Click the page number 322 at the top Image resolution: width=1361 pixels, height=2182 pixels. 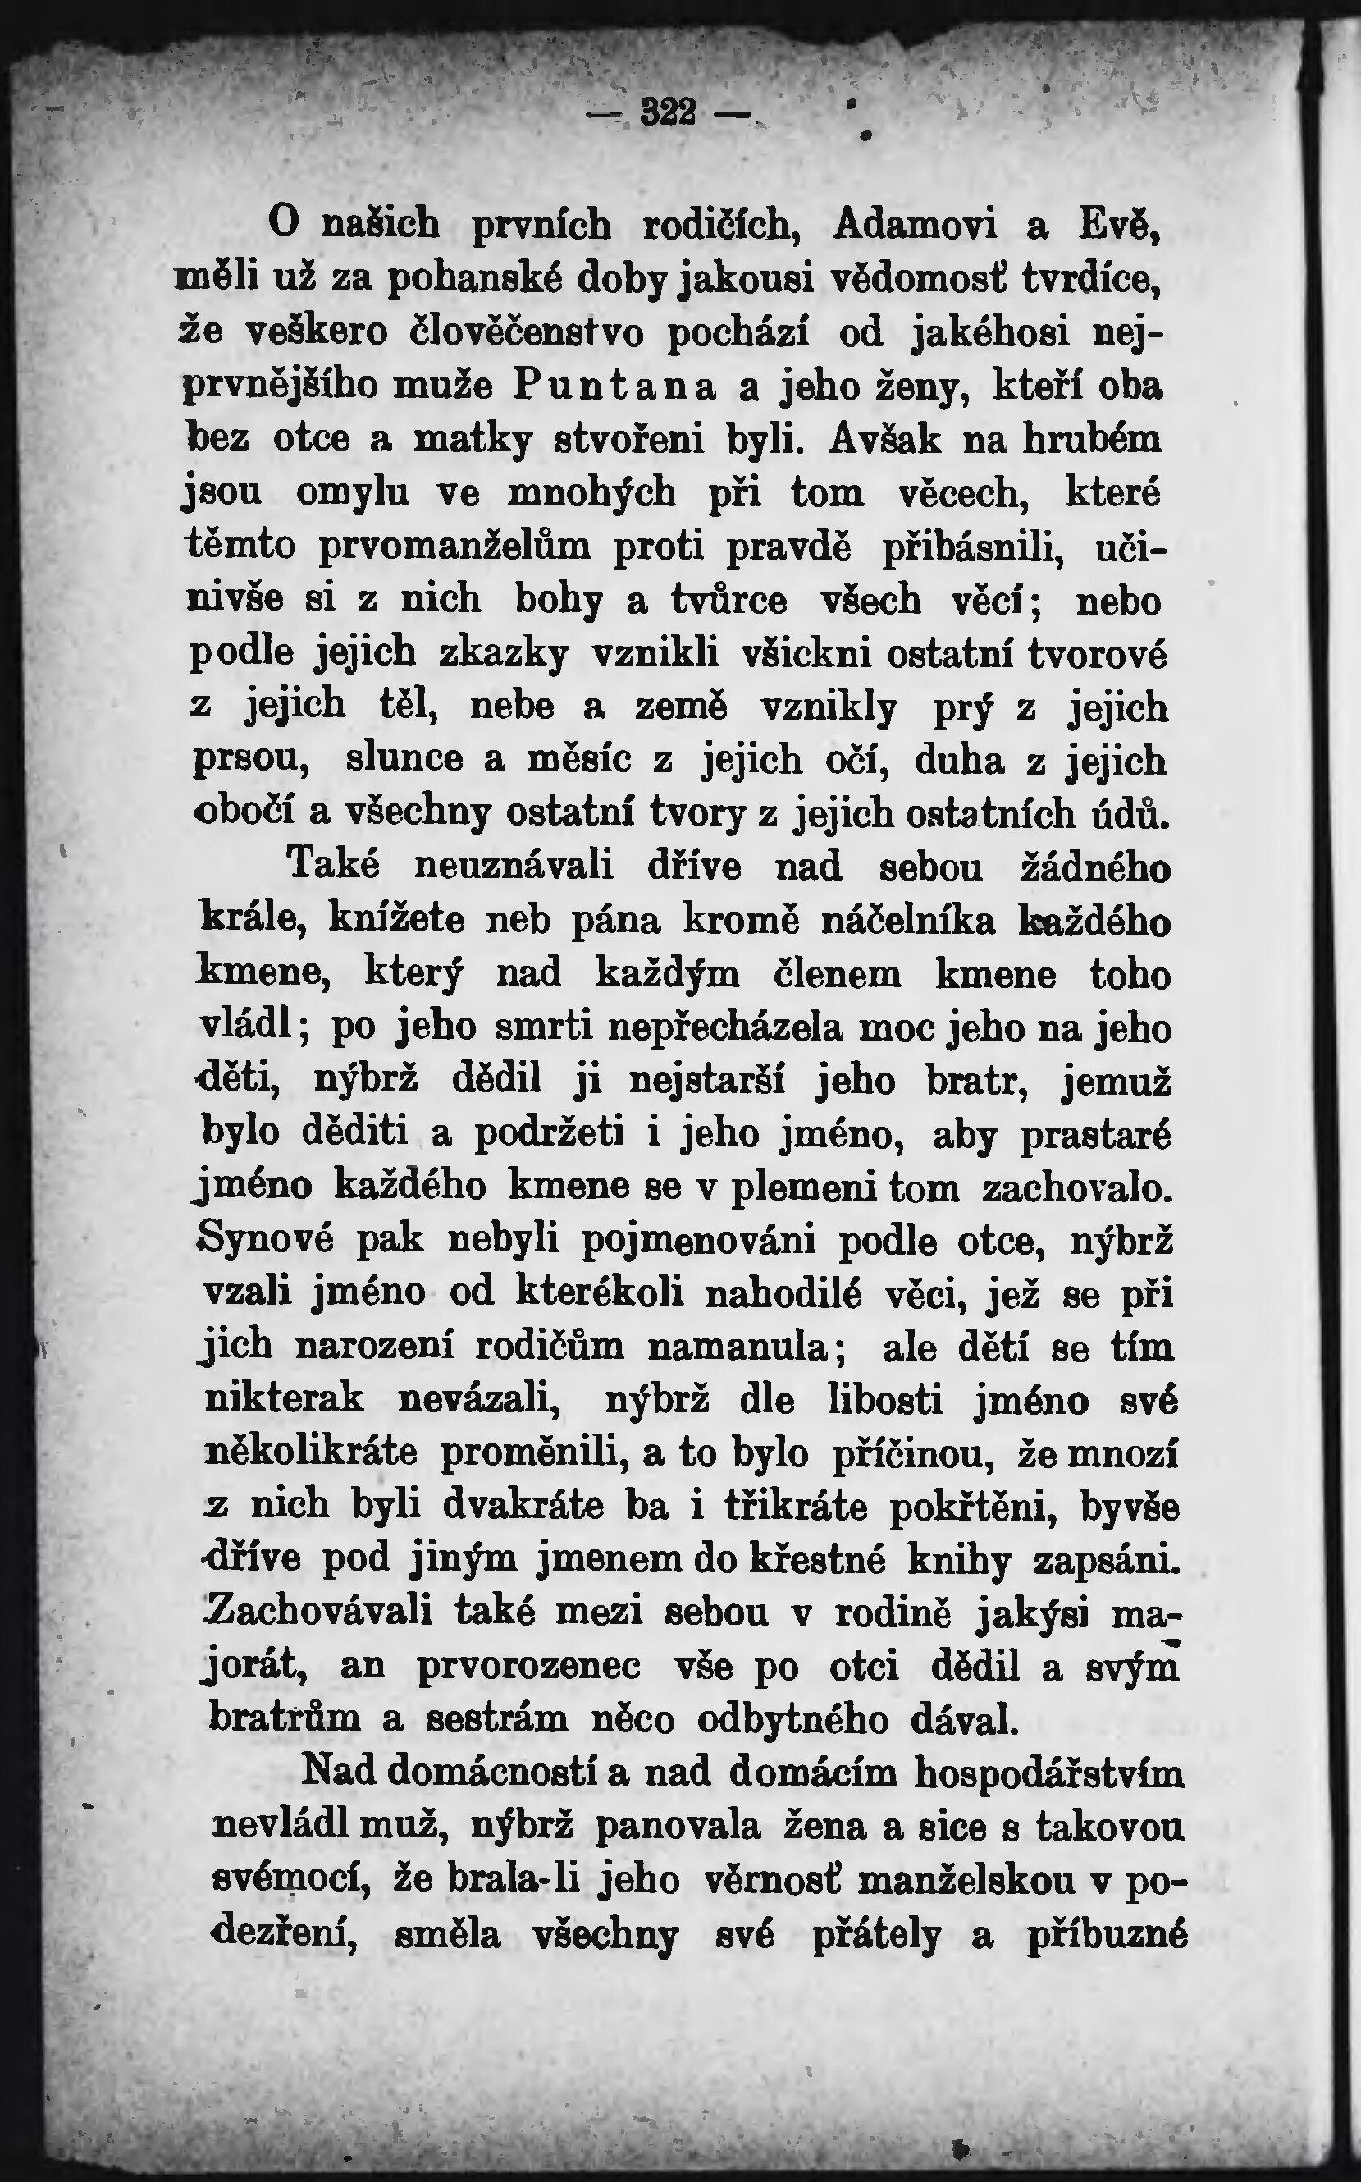(x=668, y=112)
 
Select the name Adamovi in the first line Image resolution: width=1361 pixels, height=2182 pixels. (x=916, y=225)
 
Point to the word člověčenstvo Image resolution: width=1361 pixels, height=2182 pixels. (x=528, y=333)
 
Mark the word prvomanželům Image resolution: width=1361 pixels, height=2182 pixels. (x=454, y=547)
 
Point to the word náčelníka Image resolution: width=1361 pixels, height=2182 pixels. (x=910, y=922)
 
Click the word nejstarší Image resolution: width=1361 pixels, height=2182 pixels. (x=707, y=1080)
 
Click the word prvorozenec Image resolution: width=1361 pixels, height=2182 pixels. (x=529, y=1666)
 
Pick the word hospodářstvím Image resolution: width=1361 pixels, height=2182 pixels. (x=1049, y=1773)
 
